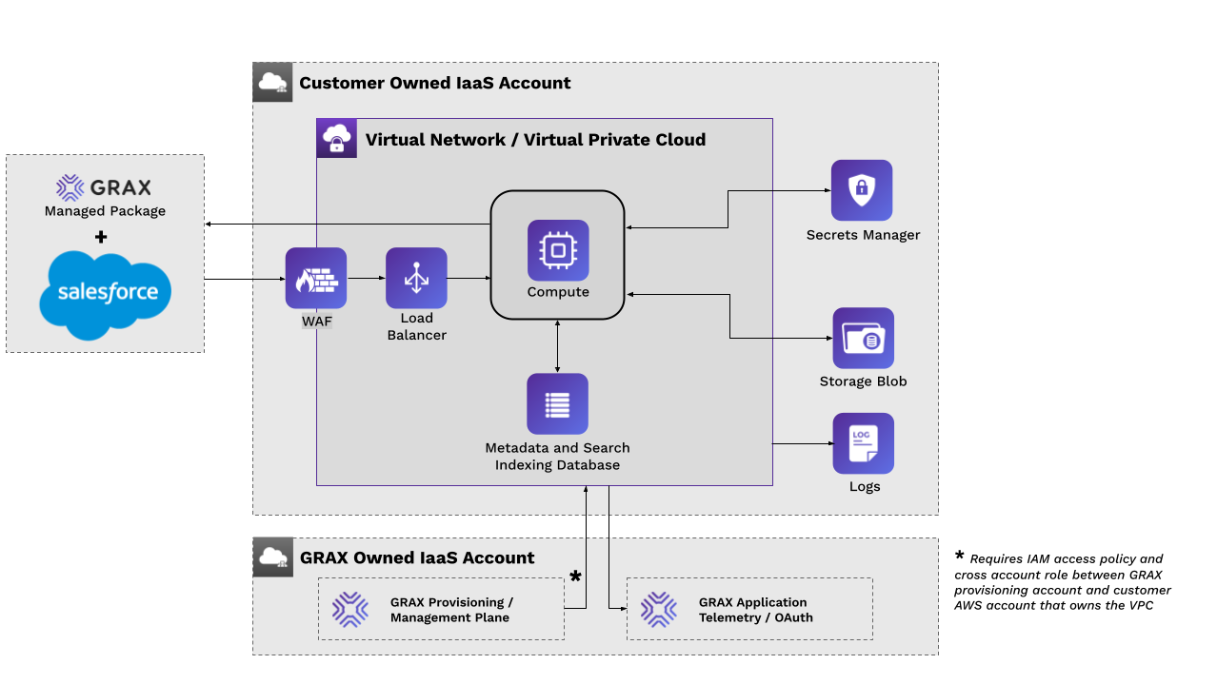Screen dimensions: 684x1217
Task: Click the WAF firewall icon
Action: tap(316, 278)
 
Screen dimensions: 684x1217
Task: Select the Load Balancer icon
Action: tap(416, 278)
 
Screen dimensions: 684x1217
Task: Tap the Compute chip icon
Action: tap(558, 250)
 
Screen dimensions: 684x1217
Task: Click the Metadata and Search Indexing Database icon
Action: tap(557, 403)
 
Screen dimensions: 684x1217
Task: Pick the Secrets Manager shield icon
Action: tap(862, 190)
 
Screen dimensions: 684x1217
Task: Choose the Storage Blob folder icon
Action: tap(863, 338)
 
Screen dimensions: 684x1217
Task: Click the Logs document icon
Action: tap(863, 442)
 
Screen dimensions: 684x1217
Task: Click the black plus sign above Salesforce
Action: tap(102, 237)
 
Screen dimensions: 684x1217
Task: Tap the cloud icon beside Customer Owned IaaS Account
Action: tap(272, 82)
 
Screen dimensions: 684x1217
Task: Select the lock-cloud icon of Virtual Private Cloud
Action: tap(336, 139)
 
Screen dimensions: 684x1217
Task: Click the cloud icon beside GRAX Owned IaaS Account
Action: tap(272, 557)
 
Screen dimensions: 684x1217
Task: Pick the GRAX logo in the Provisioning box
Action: tap(350, 610)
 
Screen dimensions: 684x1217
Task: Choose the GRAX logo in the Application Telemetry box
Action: tap(658, 610)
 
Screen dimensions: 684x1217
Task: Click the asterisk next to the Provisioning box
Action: tap(575, 577)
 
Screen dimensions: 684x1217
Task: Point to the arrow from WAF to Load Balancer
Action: tap(366, 279)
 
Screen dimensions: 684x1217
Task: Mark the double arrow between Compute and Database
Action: tap(558, 346)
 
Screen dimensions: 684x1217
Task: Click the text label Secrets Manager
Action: tap(863, 235)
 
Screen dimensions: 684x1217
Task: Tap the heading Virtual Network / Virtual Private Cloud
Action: tap(535, 140)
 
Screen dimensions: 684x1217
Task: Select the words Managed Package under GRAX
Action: tap(105, 211)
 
